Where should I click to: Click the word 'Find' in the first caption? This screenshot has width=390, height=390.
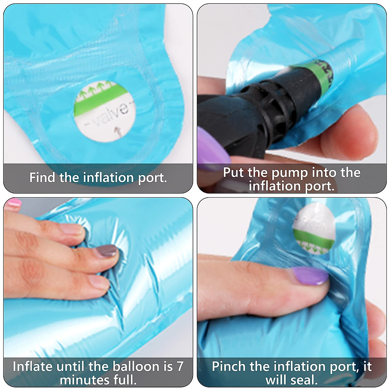(42, 177)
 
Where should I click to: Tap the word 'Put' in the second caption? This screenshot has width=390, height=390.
(233, 173)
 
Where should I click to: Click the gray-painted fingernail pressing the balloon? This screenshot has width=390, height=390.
(107, 251)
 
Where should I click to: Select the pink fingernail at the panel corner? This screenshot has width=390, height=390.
(13, 202)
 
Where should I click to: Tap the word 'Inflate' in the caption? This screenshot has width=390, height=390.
(32, 366)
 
